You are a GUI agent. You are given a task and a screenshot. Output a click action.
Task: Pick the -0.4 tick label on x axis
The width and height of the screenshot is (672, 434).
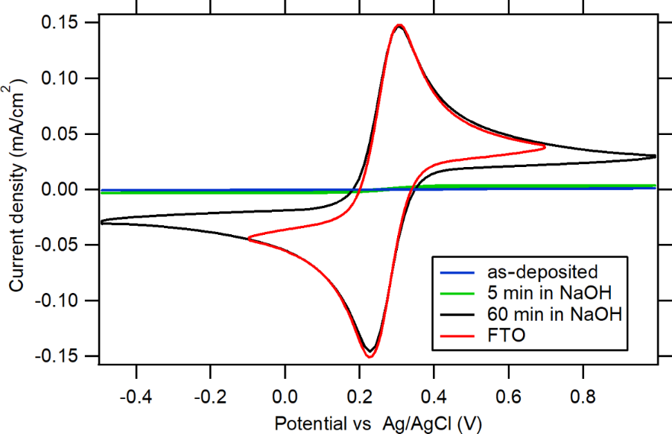134,393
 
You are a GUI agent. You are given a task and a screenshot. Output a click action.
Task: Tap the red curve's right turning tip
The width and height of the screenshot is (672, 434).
546,147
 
